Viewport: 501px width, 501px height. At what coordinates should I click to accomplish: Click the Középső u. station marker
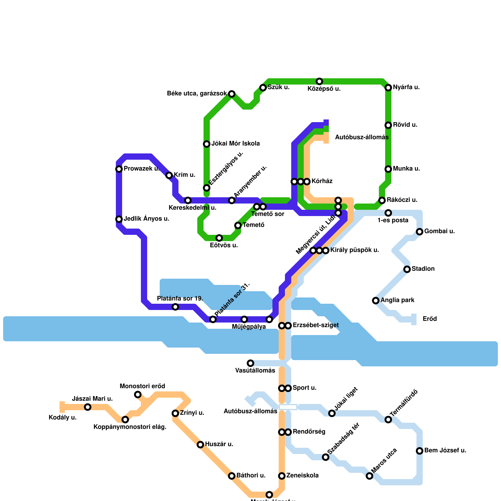click(x=319, y=81)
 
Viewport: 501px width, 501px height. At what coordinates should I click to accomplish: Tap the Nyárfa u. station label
click(x=406, y=87)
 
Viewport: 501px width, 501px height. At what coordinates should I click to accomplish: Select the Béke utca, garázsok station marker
click(x=232, y=94)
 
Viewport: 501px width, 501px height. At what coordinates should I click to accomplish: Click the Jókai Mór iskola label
click(x=235, y=144)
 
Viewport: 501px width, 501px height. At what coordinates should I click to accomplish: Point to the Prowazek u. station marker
click(x=119, y=169)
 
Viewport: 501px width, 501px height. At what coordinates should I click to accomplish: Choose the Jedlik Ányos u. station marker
click(x=119, y=219)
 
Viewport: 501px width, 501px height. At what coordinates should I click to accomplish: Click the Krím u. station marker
click(x=169, y=175)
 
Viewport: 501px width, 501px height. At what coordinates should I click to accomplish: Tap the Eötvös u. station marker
click(x=219, y=238)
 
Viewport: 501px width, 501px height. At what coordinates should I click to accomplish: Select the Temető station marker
click(x=238, y=225)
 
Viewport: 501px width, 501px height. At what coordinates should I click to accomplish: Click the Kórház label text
click(x=322, y=181)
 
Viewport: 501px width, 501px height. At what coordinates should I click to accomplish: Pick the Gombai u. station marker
click(x=420, y=232)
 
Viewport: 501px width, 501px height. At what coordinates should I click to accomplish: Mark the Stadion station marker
click(x=407, y=269)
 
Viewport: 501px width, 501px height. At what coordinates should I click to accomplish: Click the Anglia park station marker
click(x=376, y=301)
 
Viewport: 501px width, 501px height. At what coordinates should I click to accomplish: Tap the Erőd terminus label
click(x=430, y=319)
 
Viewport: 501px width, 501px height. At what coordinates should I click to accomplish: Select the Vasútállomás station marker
click(x=250, y=363)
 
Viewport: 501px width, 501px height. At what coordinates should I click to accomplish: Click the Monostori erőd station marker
click(x=138, y=395)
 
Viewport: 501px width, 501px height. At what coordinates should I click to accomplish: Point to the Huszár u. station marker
click(x=200, y=445)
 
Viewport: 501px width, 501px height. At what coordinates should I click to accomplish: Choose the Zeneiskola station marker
click(x=282, y=476)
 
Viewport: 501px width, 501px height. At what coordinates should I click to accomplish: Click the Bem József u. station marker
click(x=420, y=451)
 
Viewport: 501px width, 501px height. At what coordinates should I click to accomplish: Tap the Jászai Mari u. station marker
click(x=88, y=407)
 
